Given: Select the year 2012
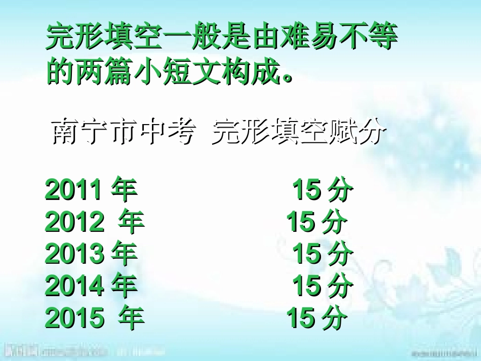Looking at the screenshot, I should [74, 222].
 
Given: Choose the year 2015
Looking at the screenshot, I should [74, 317].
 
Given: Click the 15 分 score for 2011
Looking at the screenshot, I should [323, 190].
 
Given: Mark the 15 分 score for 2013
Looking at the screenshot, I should [323, 254].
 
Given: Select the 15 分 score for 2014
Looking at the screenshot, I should [323, 286].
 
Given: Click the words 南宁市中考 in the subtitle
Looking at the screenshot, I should [124, 133].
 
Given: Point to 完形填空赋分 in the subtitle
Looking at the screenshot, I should [299, 133].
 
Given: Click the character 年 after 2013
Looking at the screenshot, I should [124, 254].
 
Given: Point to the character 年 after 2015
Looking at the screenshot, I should [131, 317].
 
